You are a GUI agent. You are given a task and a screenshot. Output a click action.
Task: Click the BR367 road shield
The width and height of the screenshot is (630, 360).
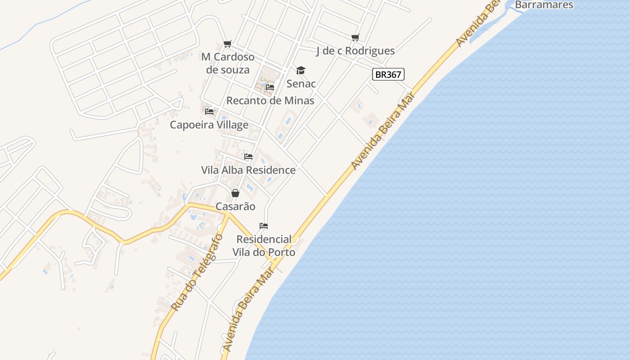pyautogui.click(x=388, y=74)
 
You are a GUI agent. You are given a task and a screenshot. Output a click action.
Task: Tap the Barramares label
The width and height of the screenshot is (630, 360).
pyautogui.click(x=544, y=5)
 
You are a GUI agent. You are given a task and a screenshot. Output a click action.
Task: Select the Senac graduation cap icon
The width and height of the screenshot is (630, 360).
pyautogui.click(x=301, y=70)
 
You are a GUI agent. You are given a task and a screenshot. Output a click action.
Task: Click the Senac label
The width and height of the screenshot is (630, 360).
pyautogui.click(x=301, y=84)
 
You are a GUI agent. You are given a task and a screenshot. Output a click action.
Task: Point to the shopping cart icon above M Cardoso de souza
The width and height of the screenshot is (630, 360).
pyautogui.click(x=228, y=44)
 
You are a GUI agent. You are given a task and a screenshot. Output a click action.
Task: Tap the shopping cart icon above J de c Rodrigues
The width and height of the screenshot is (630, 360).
pyautogui.click(x=355, y=37)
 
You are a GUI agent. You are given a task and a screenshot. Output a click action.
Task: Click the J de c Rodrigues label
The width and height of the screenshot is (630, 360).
pyautogui.click(x=355, y=51)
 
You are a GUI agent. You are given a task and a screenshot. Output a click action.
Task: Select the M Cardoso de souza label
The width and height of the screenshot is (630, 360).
pyautogui.click(x=228, y=63)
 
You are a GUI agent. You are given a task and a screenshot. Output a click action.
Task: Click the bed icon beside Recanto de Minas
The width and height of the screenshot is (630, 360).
pyautogui.click(x=270, y=87)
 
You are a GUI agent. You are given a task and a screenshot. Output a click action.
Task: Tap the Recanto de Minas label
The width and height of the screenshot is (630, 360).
pyautogui.click(x=270, y=100)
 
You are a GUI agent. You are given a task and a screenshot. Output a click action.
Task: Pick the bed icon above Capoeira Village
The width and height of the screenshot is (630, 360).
pyautogui.click(x=209, y=111)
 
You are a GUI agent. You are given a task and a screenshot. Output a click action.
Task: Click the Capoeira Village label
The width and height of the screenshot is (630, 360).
pyautogui.click(x=209, y=125)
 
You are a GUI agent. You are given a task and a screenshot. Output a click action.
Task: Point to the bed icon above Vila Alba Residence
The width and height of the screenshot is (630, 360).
pyautogui.click(x=248, y=157)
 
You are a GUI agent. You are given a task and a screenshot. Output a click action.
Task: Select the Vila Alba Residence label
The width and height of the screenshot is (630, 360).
pyautogui.click(x=248, y=170)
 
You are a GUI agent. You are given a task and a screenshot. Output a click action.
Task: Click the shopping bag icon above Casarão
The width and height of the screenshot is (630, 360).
pyautogui.click(x=235, y=193)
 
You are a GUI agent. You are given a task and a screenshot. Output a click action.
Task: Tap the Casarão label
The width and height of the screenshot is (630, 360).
pyautogui.click(x=235, y=207)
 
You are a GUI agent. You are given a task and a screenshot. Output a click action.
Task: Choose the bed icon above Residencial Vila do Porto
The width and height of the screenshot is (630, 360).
pyautogui.click(x=264, y=225)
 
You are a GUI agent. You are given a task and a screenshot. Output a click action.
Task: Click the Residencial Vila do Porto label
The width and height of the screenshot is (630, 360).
pyautogui.click(x=264, y=246)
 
